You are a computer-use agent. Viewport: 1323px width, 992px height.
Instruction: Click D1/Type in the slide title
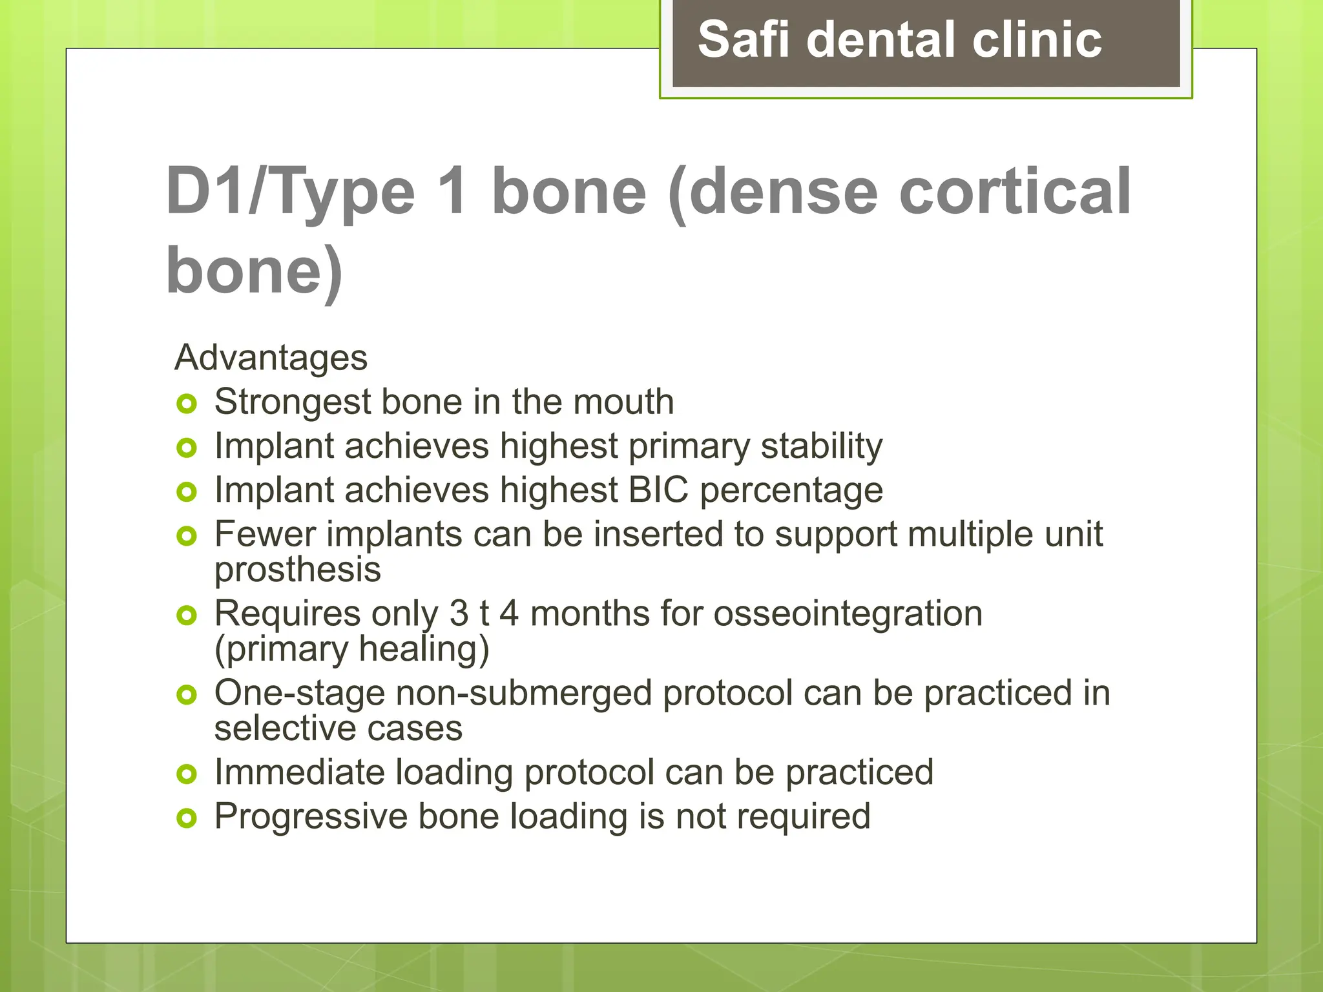pos(290,192)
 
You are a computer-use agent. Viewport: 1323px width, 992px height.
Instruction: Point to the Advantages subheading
pos(271,358)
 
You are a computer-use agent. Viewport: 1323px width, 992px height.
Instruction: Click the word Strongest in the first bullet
pos(292,403)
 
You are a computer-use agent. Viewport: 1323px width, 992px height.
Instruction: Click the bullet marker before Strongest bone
pos(186,404)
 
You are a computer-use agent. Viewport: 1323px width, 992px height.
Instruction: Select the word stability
pos(821,446)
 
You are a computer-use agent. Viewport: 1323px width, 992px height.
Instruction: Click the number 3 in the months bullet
pos(459,614)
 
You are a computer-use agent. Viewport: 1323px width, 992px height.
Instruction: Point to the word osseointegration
pos(848,614)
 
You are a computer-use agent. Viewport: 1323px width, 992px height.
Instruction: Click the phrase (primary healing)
pos(351,650)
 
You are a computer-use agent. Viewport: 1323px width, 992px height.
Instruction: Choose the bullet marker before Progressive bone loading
pos(186,818)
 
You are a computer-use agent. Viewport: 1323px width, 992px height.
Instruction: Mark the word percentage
pos(791,491)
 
